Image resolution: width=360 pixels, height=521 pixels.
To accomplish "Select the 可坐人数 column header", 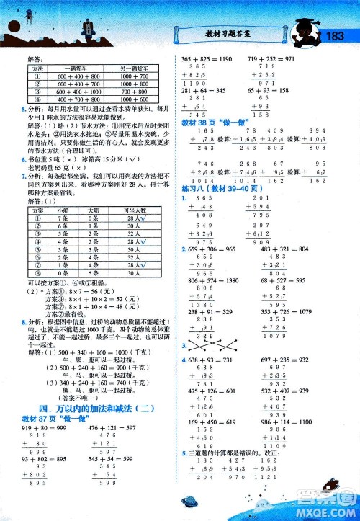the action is [x=134, y=210].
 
